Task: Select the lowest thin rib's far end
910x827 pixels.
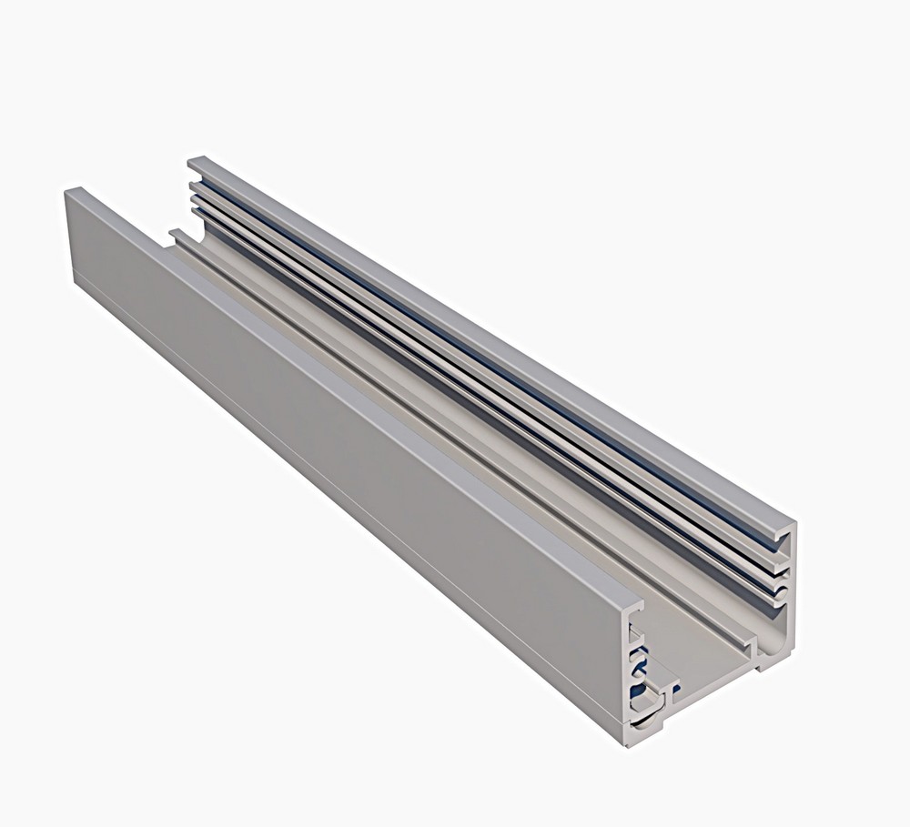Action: click(194, 212)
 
